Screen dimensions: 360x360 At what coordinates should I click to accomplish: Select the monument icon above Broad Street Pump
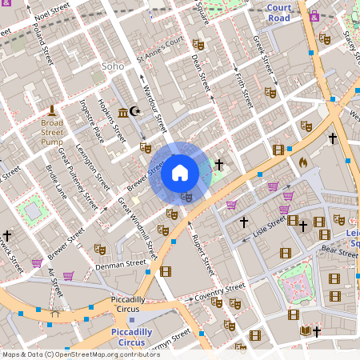point(52,110)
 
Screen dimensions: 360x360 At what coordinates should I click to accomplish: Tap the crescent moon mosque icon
point(134,111)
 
